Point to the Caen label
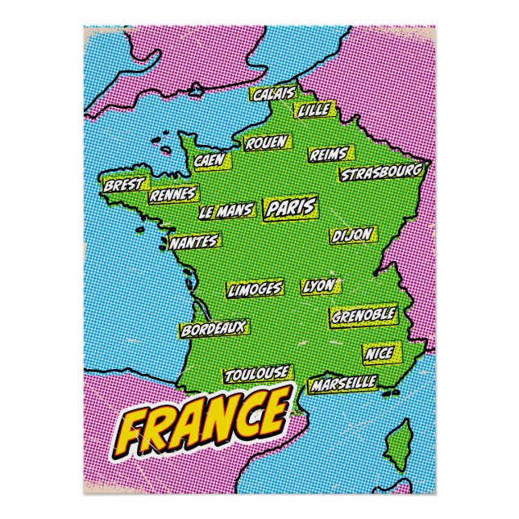[x=208, y=161]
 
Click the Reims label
[x=328, y=154]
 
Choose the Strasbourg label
[x=380, y=173]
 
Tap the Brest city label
[x=122, y=185]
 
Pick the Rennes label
[x=173, y=194]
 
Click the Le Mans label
[x=226, y=212]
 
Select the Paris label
[x=290, y=209]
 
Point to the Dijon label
[x=352, y=235]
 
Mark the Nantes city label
[x=194, y=241]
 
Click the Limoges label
[x=255, y=289]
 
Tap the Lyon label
[x=320, y=286]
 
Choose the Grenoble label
[x=363, y=313]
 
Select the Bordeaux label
[x=213, y=329]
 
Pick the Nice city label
[x=379, y=354]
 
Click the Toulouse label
[x=256, y=374]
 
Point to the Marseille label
[x=343, y=381]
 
